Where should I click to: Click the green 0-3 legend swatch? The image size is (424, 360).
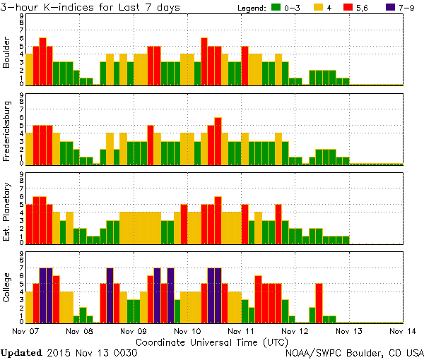274,8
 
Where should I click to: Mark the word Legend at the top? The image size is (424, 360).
242,8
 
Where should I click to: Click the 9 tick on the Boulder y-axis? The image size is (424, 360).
21,16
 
